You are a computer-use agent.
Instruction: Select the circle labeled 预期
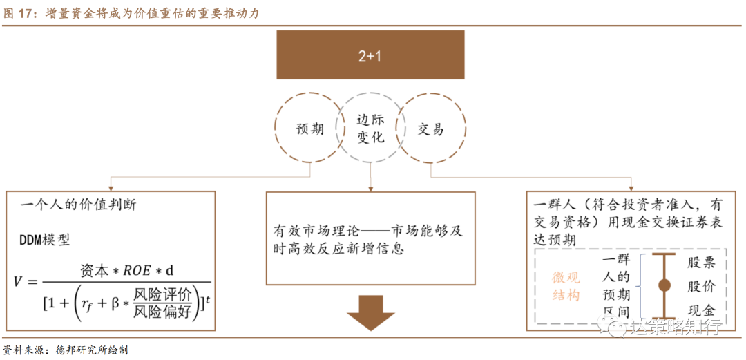[309, 129]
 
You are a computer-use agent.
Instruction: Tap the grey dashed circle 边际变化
[370, 129]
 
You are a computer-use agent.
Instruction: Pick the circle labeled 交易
[431, 129]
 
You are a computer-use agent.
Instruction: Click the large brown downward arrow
[370, 310]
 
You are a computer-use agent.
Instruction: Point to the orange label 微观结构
[566, 287]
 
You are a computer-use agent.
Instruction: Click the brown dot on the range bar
[664, 285]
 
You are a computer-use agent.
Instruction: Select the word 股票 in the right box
[701, 263]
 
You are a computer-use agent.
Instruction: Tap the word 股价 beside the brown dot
[701, 286]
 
